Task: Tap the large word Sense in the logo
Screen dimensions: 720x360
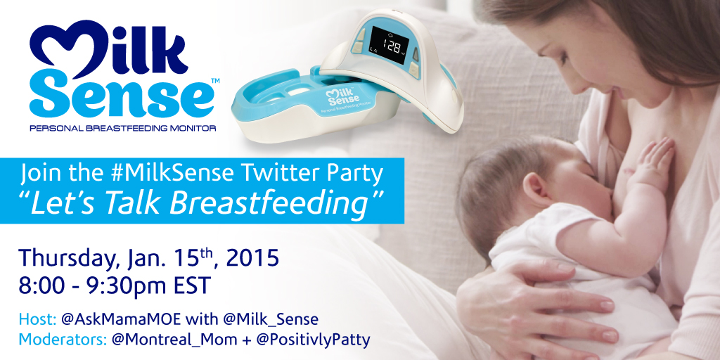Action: tap(122, 97)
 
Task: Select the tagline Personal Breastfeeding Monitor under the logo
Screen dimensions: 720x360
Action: tap(122, 129)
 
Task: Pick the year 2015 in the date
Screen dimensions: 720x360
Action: tap(252, 258)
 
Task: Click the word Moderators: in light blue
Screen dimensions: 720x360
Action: tap(63, 340)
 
